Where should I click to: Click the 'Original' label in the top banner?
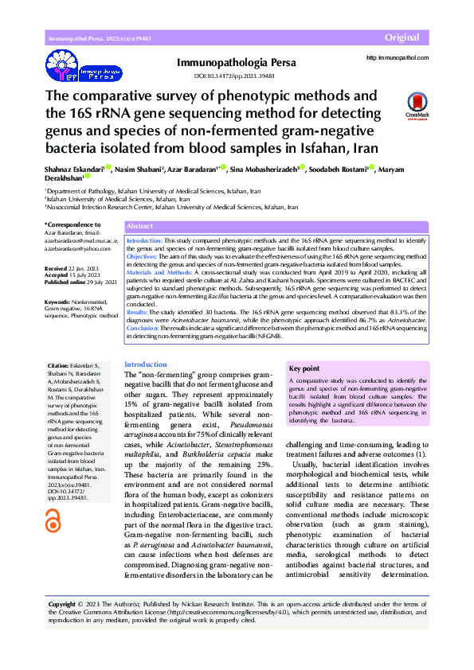pos(402,38)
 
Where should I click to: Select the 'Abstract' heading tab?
pos(140,226)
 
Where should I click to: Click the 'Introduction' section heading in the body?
pos(146,364)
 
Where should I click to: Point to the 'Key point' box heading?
pos(304,369)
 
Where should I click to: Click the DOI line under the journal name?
pos(234,76)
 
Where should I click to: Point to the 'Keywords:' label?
pos(58,302)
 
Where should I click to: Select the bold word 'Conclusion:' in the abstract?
pos(143,327)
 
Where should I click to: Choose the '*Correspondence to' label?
pos(72,226)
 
